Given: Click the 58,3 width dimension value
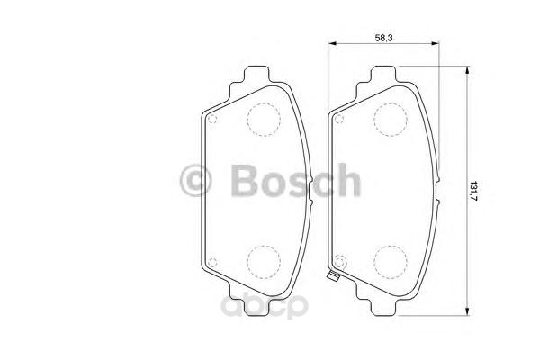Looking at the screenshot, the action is tap(383, 38).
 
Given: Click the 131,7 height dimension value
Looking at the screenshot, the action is tap(474, 191).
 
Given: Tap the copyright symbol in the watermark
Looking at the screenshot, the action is tap(195, 181).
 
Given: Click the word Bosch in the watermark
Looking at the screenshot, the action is tap(295, 180).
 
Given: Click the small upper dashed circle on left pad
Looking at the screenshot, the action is tap(212, 119).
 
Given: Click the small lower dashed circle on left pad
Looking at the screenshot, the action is tap(212, 263).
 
